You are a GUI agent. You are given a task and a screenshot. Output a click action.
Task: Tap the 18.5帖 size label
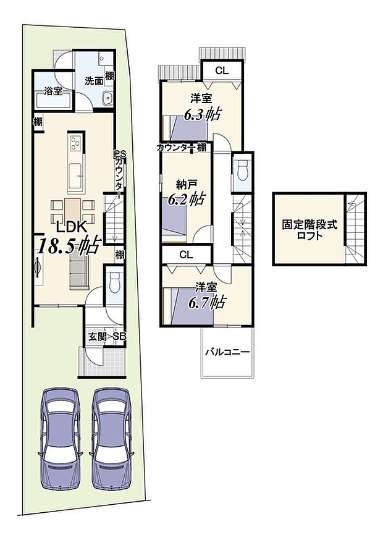[x=69, y=245]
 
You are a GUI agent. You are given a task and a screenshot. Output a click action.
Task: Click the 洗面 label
[x=94, y=80]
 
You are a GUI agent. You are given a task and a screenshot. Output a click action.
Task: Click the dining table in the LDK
[x=74, y=211]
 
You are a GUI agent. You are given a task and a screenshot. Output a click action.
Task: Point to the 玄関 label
[x=97, y=336]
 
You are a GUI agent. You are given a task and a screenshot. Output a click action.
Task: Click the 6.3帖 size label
[x=204, y=114]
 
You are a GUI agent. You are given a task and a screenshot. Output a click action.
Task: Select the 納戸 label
[x=185, y=184]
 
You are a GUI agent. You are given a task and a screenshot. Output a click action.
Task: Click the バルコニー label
[x=227, y=352]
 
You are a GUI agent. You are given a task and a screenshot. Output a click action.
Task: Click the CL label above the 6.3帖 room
[x=222, y=71]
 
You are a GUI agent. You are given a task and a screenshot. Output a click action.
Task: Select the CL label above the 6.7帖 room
[x=186, y=254]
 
